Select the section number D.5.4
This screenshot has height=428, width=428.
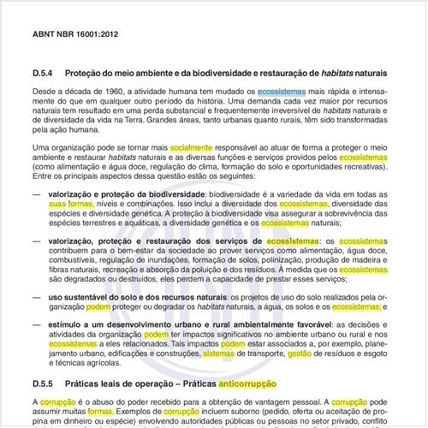(x=44, y=73)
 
